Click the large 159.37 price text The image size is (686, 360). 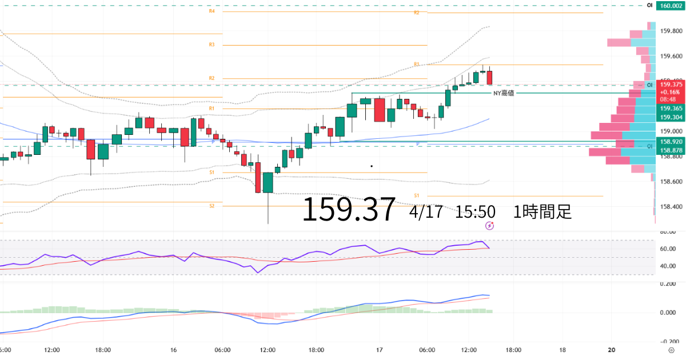(x=348, y=210)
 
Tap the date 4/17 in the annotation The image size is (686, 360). (x=426, y=212)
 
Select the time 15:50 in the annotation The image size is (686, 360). (x=475, y=212)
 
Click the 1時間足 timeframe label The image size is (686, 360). (x=543, y=212)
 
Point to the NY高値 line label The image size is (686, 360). (x=503, y=93)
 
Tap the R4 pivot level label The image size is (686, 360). (x=212, y=11)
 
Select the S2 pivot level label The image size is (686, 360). (x=212, y=205)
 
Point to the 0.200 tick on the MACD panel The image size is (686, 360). (x=668, y=283)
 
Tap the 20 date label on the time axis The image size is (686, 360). (x=612, y=350)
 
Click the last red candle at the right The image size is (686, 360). (x=489, y=77)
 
